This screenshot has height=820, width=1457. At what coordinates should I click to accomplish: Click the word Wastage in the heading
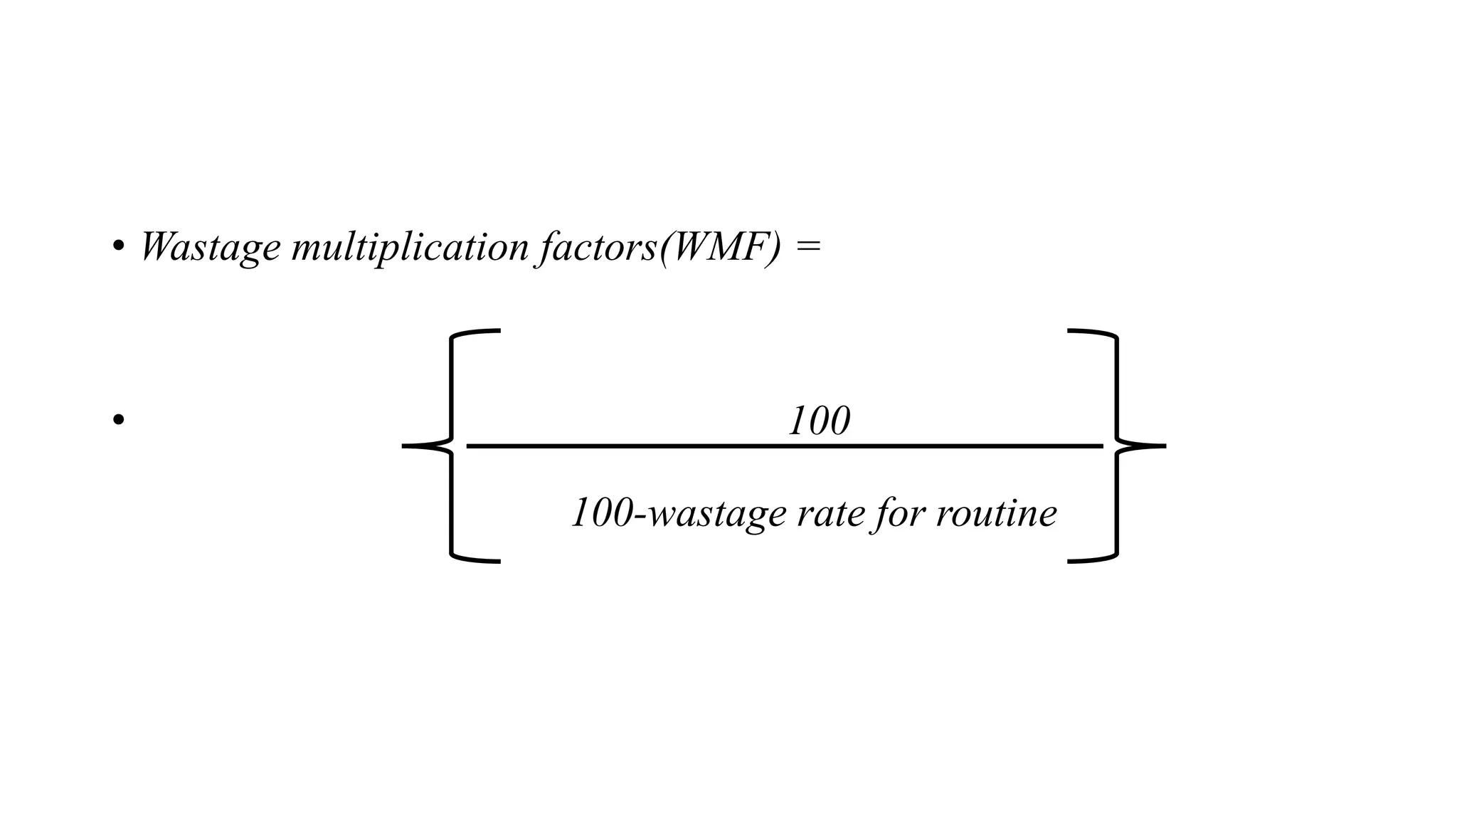[210, 247]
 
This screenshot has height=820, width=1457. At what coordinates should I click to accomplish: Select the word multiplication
[410, 247]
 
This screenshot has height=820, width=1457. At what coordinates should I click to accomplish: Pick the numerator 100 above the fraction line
[819, 421]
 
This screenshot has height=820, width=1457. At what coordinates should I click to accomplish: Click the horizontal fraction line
[783, 446]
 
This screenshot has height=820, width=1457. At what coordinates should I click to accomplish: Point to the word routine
[996, 513]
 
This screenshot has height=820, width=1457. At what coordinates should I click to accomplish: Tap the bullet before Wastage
[118, 247]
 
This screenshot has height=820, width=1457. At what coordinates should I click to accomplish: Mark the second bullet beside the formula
[118, 419]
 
